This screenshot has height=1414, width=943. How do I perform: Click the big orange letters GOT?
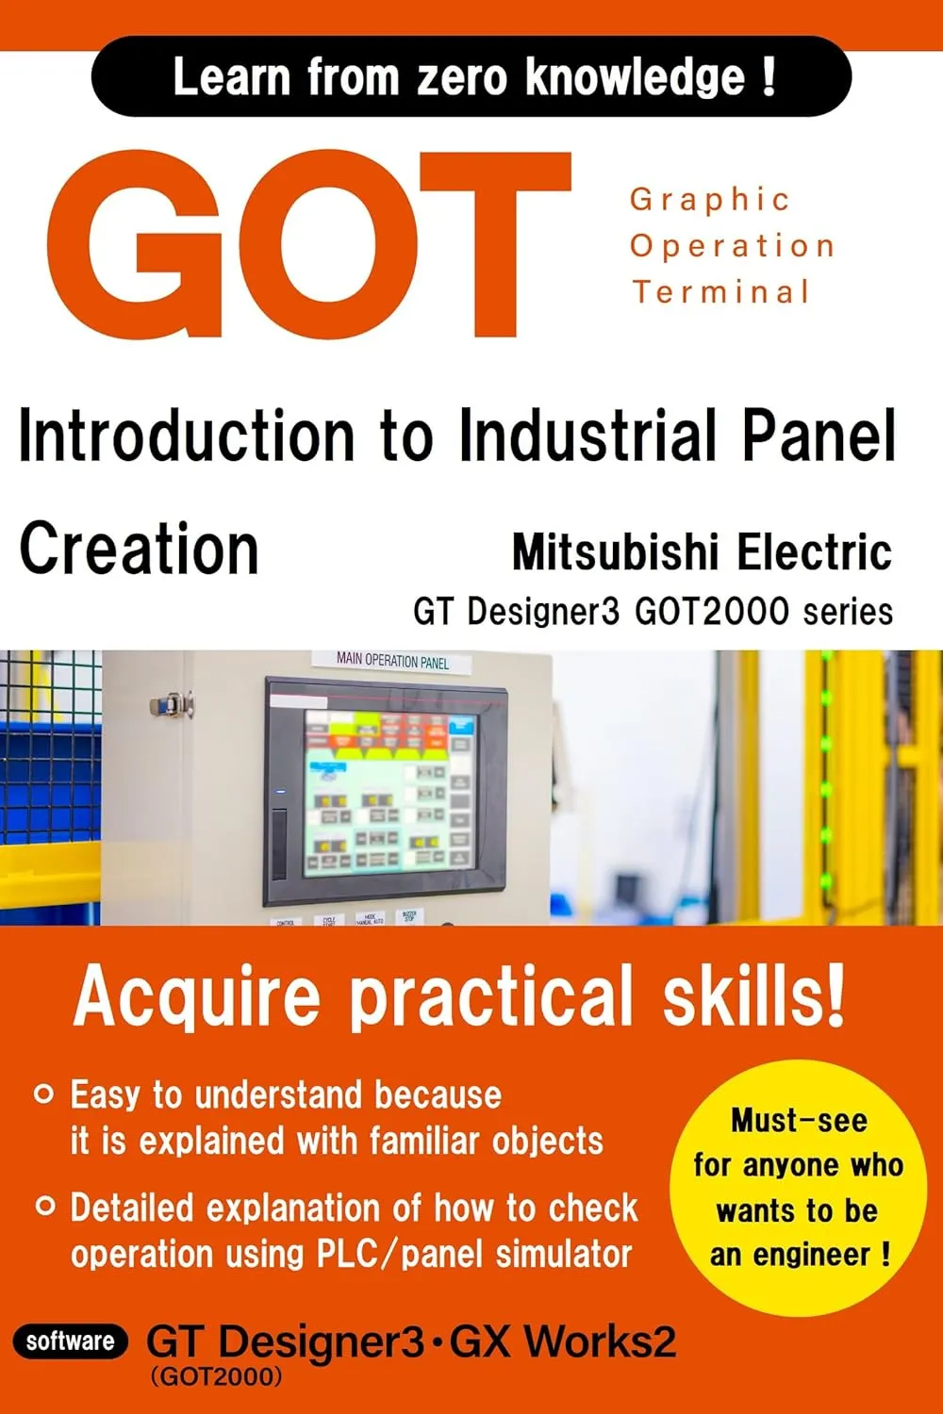coord(309,245)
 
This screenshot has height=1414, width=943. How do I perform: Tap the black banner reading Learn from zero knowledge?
coord(471,77)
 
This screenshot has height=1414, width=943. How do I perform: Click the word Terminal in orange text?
coord(721,291)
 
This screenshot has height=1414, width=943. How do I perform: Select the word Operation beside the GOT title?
coord(733,246)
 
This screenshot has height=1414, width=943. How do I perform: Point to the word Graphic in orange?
coord(710,200)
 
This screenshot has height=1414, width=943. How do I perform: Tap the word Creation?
coord(139,550)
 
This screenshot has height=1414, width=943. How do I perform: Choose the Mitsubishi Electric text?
coord(702,552)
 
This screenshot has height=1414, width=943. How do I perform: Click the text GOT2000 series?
coord(764,612)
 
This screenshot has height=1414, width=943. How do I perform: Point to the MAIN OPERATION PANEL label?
coord(392,661)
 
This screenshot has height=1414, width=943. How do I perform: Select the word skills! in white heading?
coord(753,997)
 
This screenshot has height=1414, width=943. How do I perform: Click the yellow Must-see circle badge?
coord(798,1187)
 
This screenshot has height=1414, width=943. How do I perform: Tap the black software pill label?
coord(71,1341)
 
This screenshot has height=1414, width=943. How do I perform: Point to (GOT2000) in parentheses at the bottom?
coord(216,1377)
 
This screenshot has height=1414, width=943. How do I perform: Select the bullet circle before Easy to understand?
coord(43,1094)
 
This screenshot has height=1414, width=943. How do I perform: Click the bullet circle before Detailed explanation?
coord(44,1207)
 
